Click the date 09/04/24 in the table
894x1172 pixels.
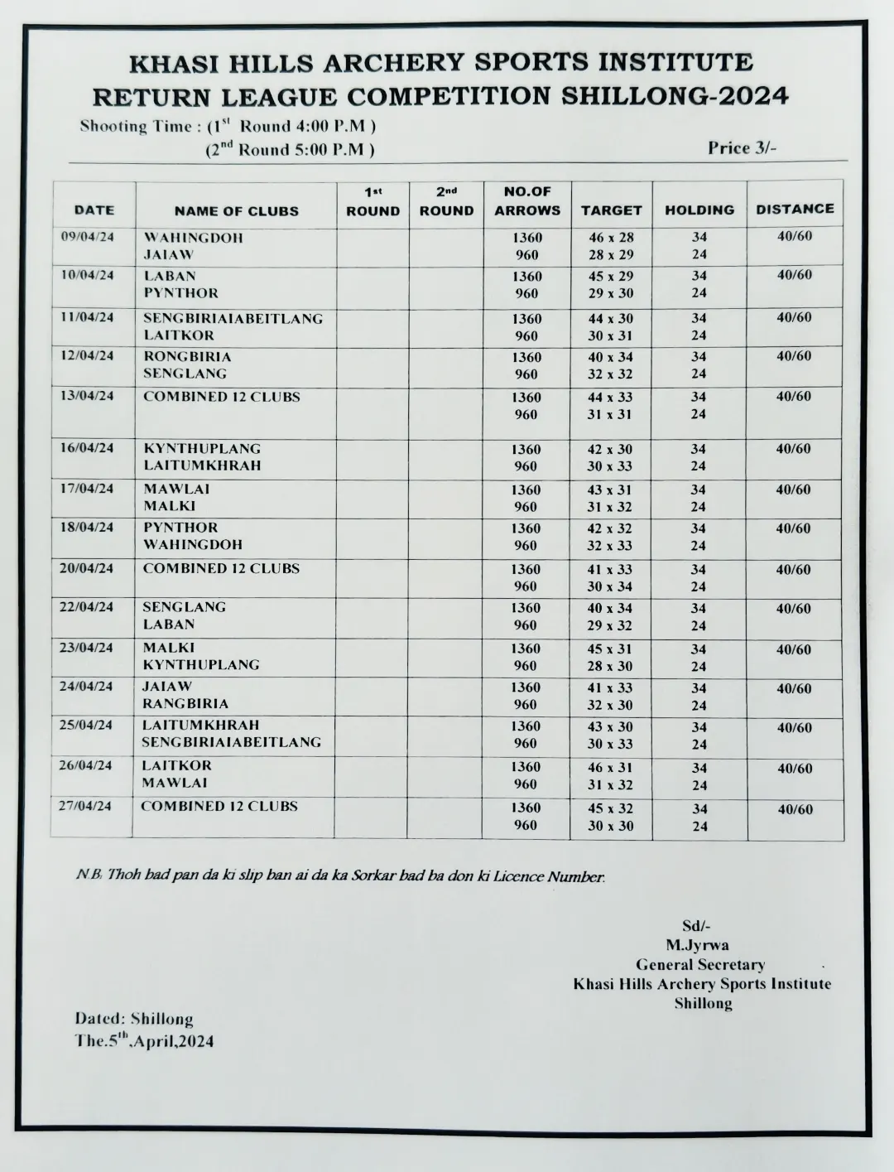coord(88,236)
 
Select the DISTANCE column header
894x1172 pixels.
coord(795,210)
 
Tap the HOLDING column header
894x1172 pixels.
coord(699,210)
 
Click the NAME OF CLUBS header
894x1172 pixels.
coord(236,211)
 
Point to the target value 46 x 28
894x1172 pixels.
coord(611,238)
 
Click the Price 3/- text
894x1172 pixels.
coord(742,148)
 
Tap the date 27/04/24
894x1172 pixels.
coord(84,805)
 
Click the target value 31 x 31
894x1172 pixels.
coord(610,414)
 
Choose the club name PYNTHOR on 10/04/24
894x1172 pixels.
coord(181,293)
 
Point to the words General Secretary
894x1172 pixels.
coord(700,964)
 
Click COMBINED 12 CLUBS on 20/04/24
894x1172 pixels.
coord(221,568)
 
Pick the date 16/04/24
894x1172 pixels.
coord(87,447)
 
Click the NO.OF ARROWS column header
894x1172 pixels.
coord(527,201)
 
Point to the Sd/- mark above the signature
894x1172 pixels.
coord(696,926)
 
